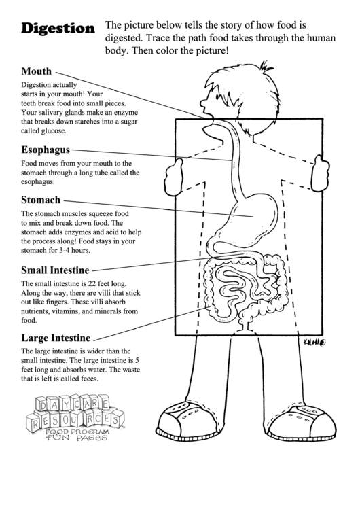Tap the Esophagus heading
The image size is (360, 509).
click(46, 150)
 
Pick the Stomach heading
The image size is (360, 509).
click(41, 200)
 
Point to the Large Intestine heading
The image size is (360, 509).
click(56, 336)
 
